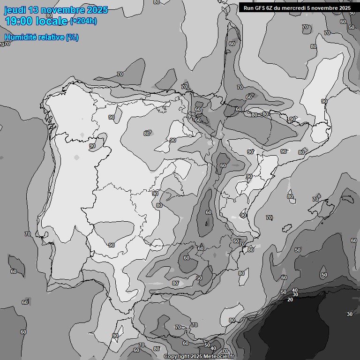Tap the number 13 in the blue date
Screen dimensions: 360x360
pos(35,10)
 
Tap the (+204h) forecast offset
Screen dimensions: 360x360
pos(83,21)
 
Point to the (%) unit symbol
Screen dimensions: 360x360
pos(72,37)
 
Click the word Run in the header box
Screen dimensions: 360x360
pos(248,7)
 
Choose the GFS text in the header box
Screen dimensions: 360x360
pos(260,7)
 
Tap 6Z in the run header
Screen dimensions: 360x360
pos(270,7)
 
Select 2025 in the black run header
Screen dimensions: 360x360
pos(345,7)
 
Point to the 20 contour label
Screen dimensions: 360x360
pos(290,300)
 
